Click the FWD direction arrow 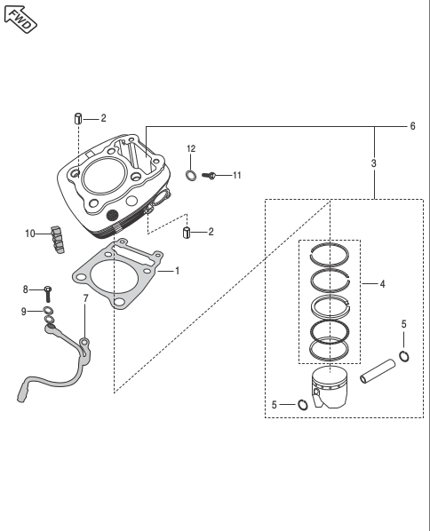(x=20, y=19)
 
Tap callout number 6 (x=412, y=126)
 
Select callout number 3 (x=373, y=163)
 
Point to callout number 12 (x=191, y=148)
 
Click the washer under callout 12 (x=191, y=176)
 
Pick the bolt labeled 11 (x=209, y=176)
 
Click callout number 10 (x=30, y=234)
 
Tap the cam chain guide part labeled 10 (x=57, y=239)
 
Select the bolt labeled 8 (x=47, y=294)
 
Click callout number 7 (x=85, y=298)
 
